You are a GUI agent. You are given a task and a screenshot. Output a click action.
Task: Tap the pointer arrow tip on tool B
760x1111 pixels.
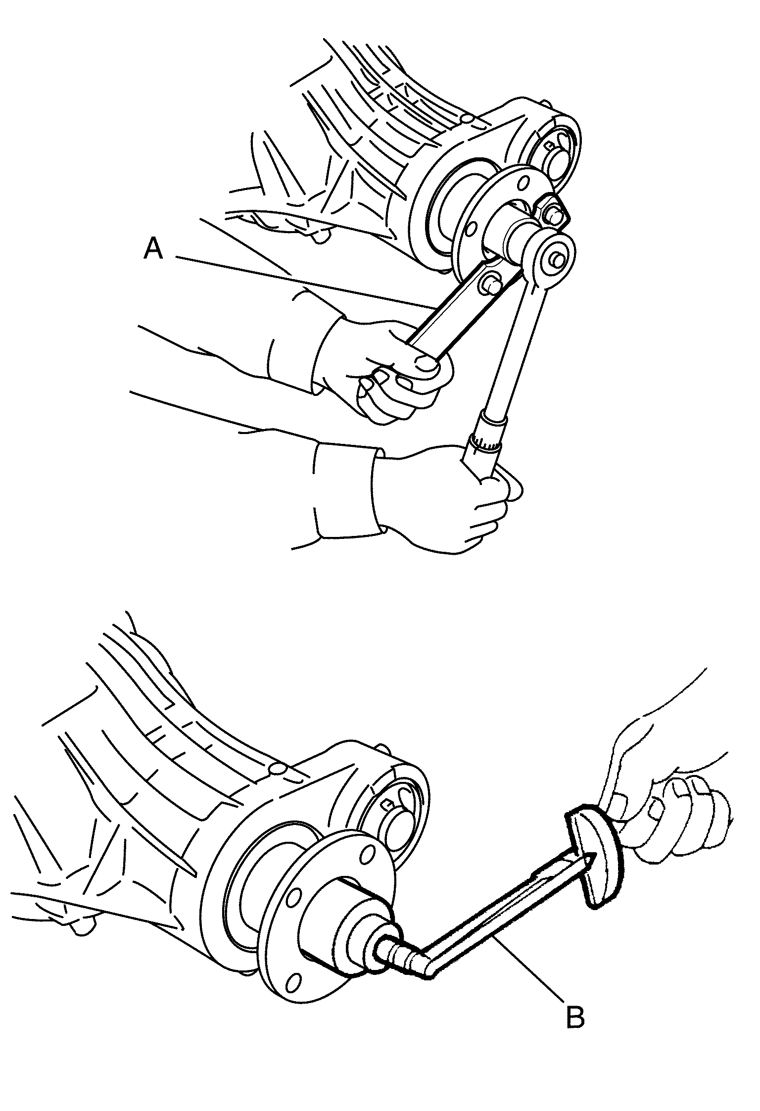pyautogui.click(x=593, y=856)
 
